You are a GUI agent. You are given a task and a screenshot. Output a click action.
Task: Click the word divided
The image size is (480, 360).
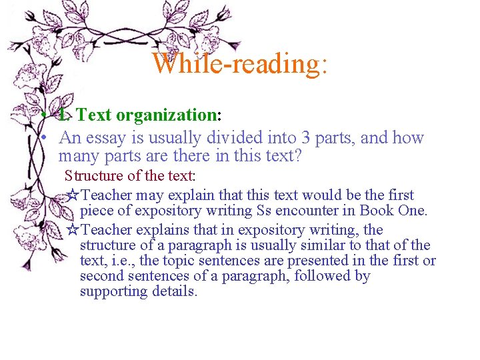click(235, 138)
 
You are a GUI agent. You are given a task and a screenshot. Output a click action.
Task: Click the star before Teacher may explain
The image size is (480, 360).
click(74, 195)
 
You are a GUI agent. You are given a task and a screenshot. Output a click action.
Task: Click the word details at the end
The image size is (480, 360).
click(175, 291)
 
